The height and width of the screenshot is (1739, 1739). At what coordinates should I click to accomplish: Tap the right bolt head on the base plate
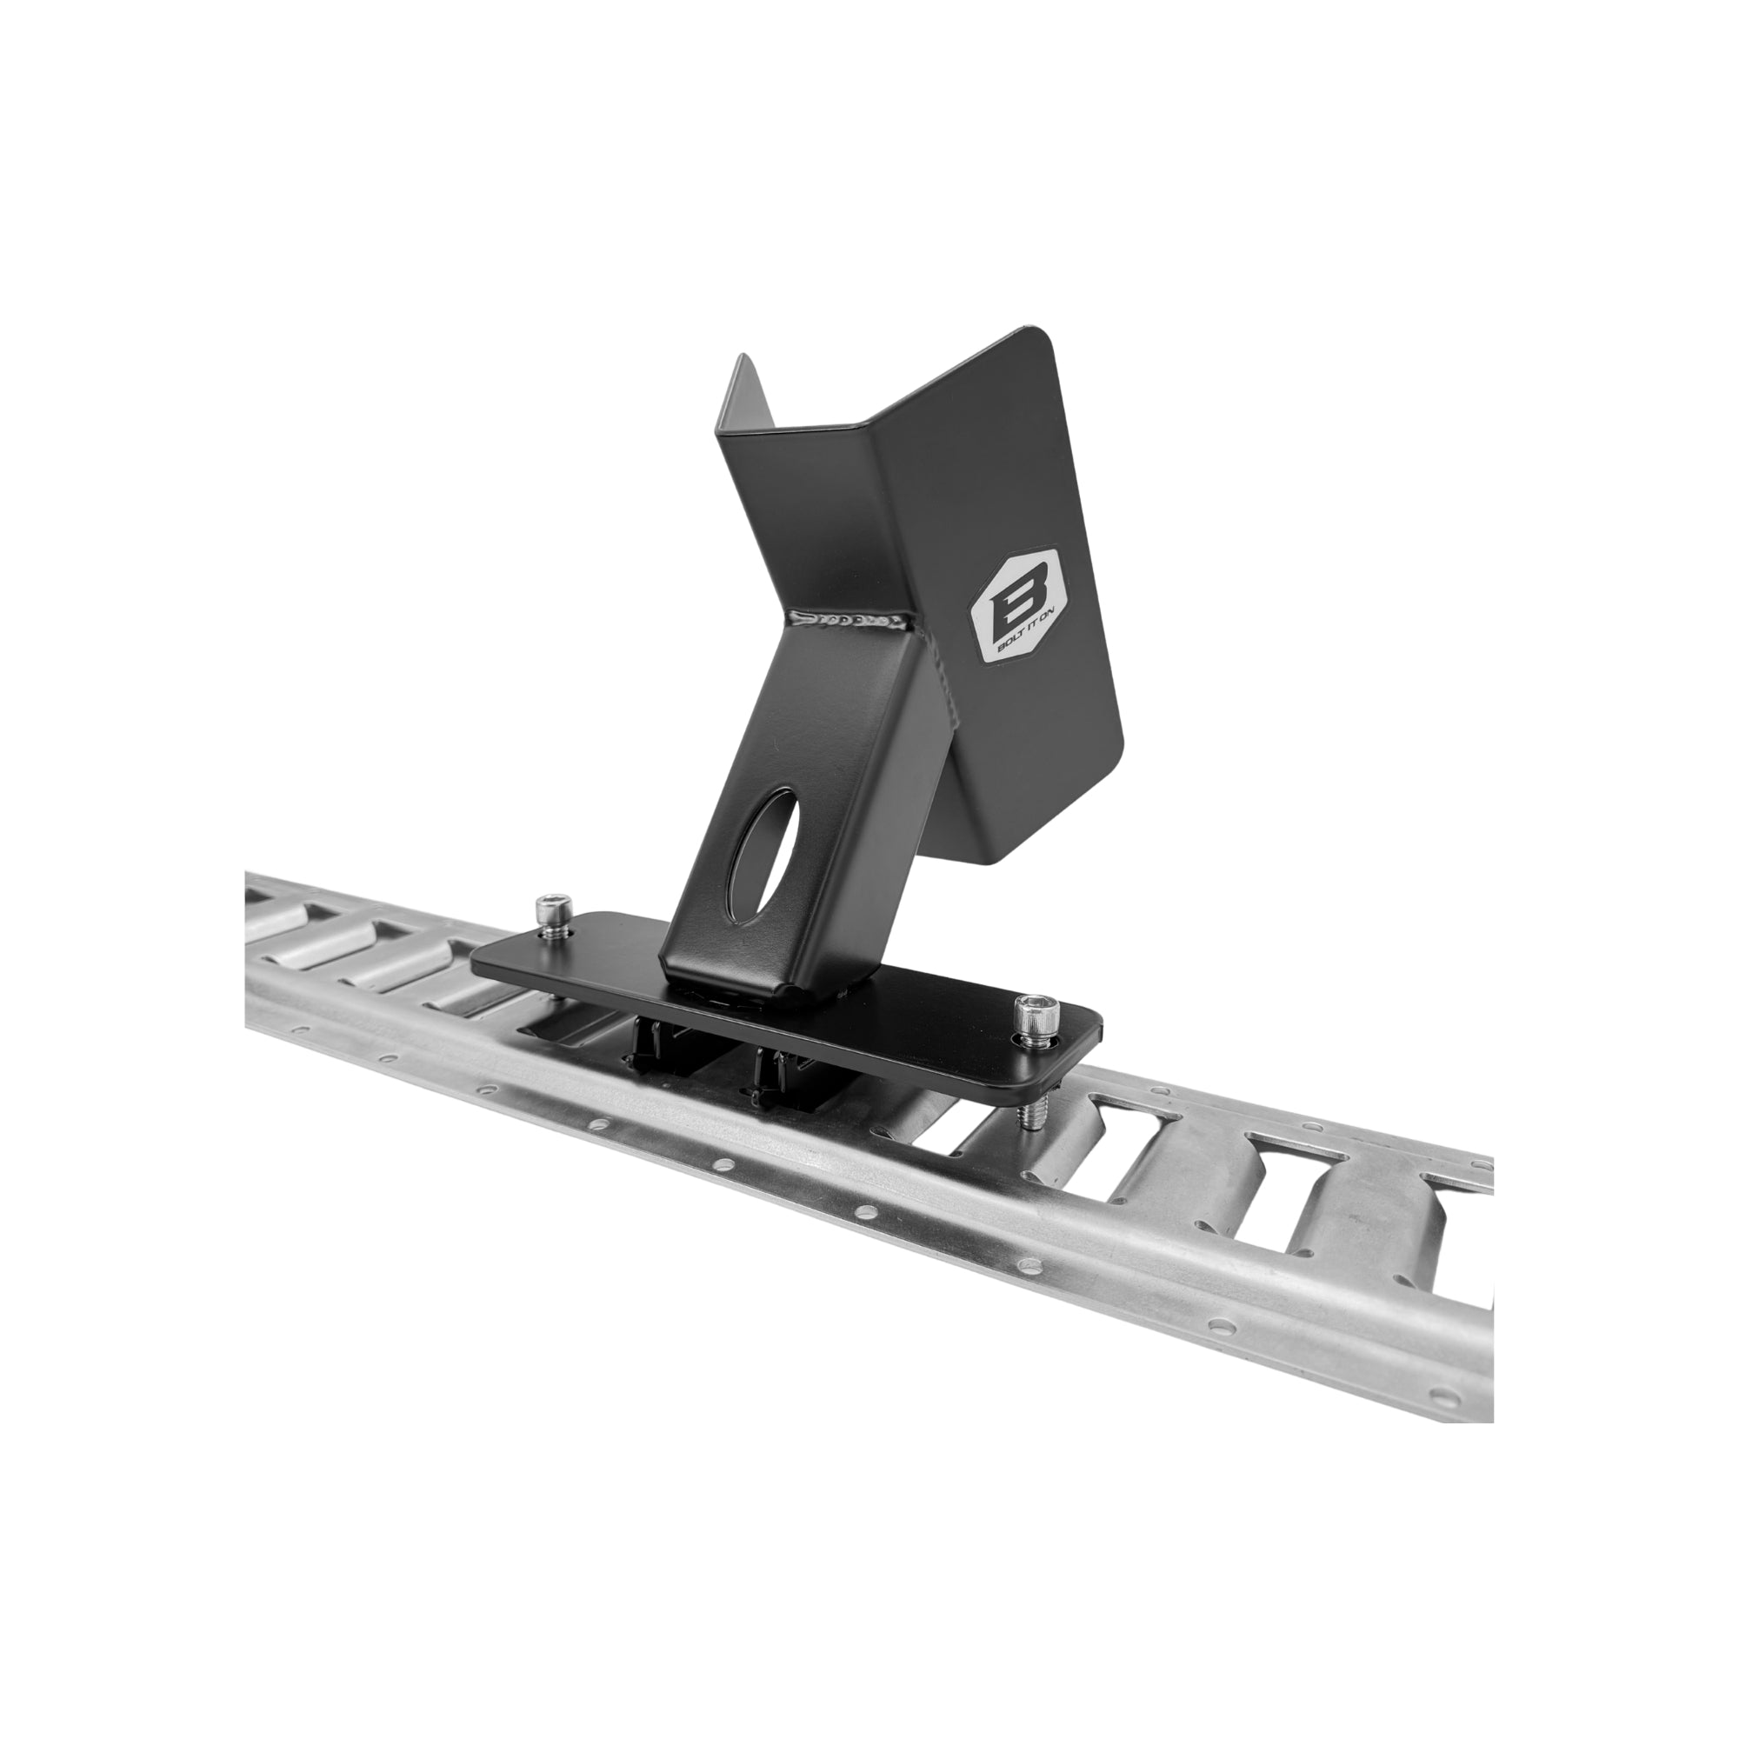tap(1031, 1016)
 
